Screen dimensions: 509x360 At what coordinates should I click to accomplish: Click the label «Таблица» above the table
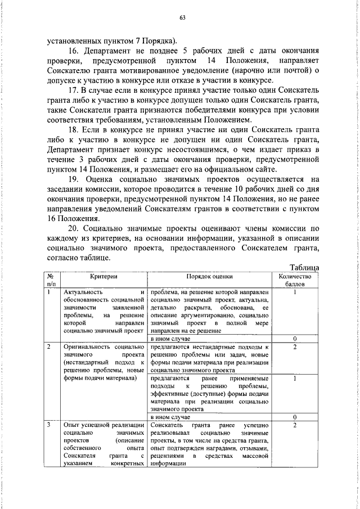point(304,268)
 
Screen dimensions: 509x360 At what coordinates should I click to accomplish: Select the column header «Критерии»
point(103,277)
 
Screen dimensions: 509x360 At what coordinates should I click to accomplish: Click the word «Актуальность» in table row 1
point(83,293)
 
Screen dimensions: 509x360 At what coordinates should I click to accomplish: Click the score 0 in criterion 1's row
point(295,339)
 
